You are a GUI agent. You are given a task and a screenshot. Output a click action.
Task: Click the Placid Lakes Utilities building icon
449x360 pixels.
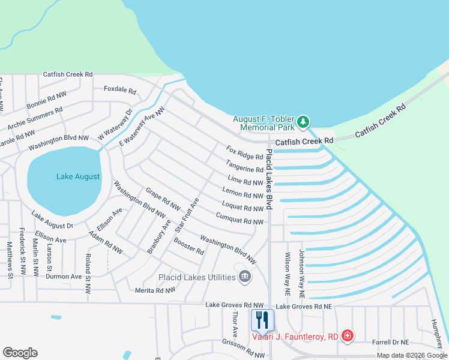[x=245, y=277]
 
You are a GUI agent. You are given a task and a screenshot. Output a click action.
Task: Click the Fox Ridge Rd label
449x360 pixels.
[x=244, y=152]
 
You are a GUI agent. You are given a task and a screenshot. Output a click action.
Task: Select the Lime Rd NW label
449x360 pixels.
[x=246, y=181]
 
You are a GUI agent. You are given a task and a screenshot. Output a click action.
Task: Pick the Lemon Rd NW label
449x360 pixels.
[x=243, y=194]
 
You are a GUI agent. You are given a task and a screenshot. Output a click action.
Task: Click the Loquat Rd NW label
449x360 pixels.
[x=242, y=208]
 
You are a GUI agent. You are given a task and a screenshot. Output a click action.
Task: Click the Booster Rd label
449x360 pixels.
[x=188, y=246]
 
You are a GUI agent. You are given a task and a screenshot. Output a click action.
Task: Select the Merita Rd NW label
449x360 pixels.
[x=155, y=289]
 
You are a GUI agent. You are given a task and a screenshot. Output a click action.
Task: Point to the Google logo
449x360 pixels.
[x=20, y=353]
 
